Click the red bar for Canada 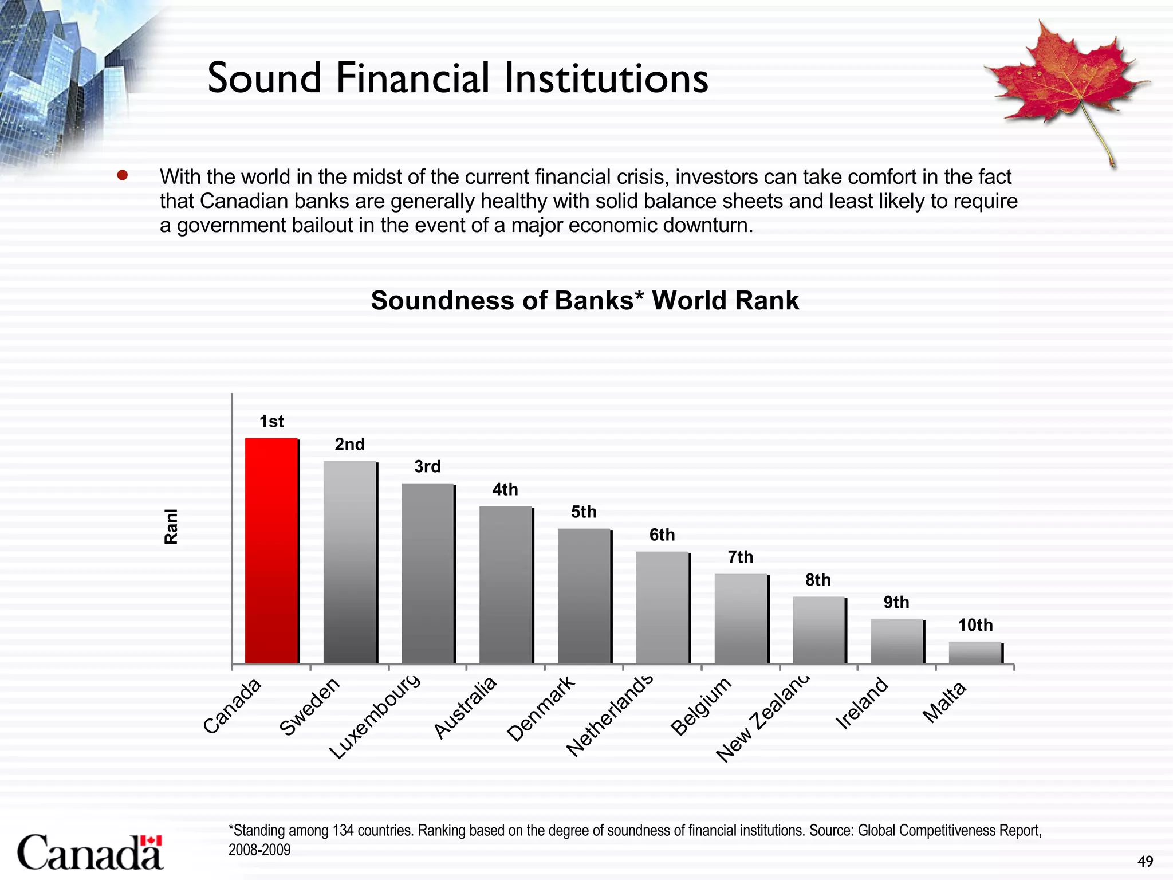coord(271,550)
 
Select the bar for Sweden coord(350,561)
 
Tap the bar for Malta coord(975,653)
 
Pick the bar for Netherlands coord(663,607)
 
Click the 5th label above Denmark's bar coord(584,512)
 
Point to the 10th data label coord(975,625)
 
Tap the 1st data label coord(271,422)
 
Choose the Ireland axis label coord(862,703)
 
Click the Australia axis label coord(465,708)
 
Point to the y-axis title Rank coord(171,526)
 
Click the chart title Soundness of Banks coord(585,301)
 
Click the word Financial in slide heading coord(413,78)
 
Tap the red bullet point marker coord(122,175)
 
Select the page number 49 coord(1145,862)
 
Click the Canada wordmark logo coord(90,852)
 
